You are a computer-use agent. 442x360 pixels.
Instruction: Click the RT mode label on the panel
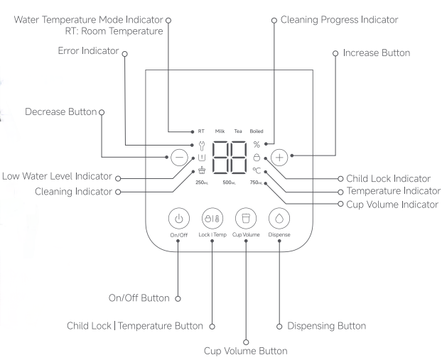[x=201, y=132]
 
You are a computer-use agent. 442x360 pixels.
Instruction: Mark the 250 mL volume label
[x=201, y=182]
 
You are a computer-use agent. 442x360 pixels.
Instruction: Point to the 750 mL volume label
[x=257, y=182]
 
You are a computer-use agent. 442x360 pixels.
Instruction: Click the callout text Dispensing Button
[x=327, y=326]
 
